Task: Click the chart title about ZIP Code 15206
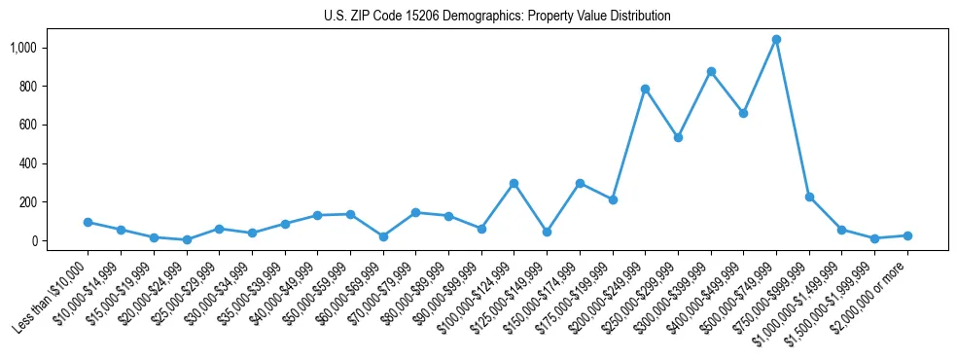click(x=497, y=17)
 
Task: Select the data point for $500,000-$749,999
click(x=776, y=40)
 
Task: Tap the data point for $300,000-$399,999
click(x=711, y=71)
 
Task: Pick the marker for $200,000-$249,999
click(x=645, y=89)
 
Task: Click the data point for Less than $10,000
click(x=88, y=222)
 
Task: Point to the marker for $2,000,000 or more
click(x=907, y=235)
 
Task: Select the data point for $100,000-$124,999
click(x=514, y=183)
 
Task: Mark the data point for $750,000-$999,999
click(x=809, y=197)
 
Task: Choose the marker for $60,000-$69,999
click(x=382, y=236)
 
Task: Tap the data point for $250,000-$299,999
click(x=678, y=137)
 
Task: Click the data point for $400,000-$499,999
click(x=743, y=113)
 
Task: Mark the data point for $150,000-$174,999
click(x=579, y=183)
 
